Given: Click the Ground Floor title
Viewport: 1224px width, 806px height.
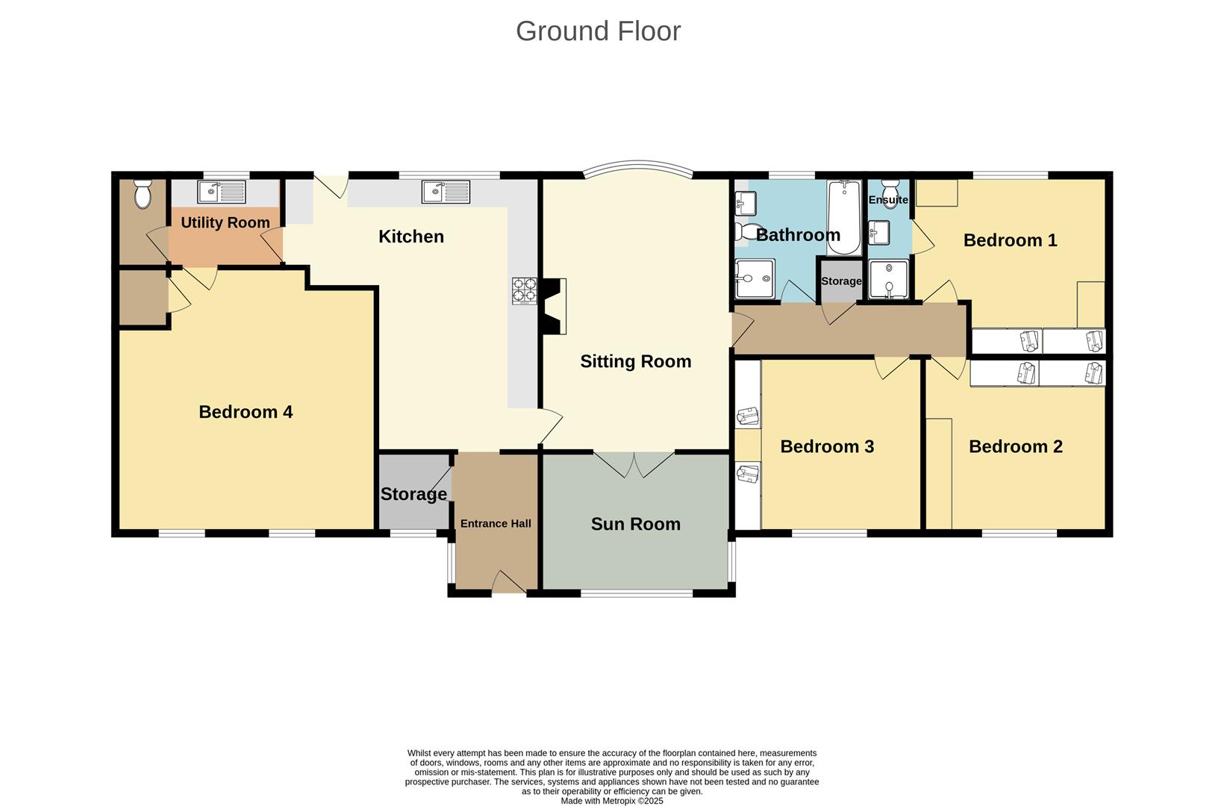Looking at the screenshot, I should click(598, 31).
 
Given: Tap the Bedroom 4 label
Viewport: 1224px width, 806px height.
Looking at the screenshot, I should click(246, 412).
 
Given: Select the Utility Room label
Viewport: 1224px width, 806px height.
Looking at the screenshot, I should click(225, 222).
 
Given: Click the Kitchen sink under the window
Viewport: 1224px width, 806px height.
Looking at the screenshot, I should click(446, 192).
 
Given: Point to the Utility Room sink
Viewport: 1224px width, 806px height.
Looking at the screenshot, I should click(221, 192).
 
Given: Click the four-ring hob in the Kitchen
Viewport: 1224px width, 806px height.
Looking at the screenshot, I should click(524, 290).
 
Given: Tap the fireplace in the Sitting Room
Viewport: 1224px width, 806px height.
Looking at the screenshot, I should click(553, 306).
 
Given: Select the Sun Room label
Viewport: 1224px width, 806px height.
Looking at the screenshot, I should click(635, 524).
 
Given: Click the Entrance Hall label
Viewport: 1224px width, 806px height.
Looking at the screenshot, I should click(496, 524).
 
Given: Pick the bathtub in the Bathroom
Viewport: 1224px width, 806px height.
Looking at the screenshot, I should click(843, 217).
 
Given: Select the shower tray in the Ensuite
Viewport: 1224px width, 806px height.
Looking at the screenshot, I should click(888, 279).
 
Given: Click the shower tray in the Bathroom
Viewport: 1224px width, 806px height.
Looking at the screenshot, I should click(755, 279).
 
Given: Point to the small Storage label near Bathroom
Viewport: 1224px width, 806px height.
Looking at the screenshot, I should click(841, 281).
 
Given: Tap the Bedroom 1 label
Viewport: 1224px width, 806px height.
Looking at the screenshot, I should click(1010, 240).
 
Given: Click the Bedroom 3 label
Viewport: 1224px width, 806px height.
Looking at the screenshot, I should click(827, 446).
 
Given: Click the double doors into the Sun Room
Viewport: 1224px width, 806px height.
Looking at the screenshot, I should click(634, 463).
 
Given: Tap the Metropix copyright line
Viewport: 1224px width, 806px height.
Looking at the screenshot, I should click(611, 801).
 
